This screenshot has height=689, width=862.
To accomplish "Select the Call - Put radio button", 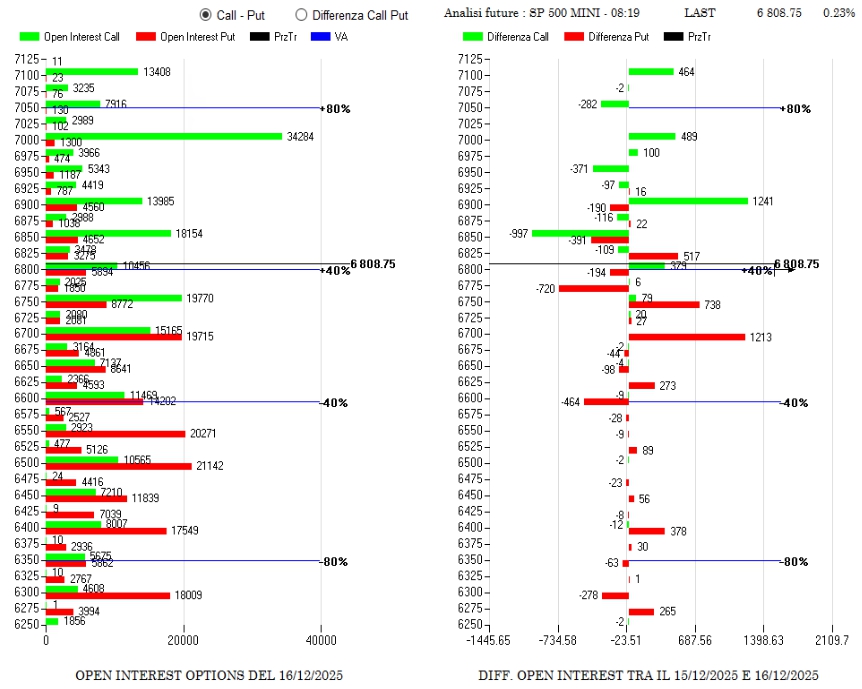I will [206, 15].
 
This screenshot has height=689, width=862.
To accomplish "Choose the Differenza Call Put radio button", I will [301, 15].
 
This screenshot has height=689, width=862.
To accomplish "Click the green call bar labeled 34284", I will [164, 136].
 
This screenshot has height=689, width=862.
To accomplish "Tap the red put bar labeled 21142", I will [118, 466].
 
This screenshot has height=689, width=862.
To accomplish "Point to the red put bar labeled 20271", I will [115, 434].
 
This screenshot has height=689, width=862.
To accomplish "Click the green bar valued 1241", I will [688, 200].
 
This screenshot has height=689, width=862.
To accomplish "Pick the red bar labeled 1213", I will [686, 337].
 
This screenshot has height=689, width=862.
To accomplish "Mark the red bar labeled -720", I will [593, 288].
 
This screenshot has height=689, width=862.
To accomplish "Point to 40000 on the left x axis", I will [321, 641].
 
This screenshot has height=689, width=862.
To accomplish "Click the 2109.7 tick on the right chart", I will [832, 641].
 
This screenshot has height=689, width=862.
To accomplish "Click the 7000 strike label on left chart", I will [27, 140].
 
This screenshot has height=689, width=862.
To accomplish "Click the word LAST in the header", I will [700, 14].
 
